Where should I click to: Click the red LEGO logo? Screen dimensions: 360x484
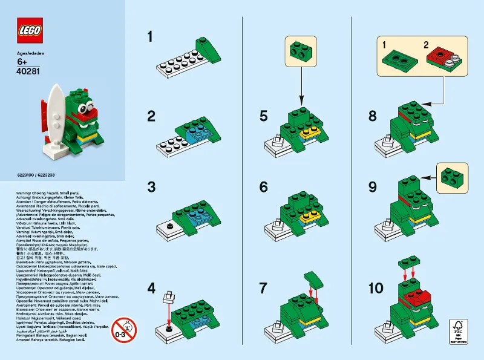[x=30, y=30]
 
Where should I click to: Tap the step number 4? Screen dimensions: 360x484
[x=151, y=289]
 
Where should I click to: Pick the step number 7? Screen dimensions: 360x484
[x=263, y=289]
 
